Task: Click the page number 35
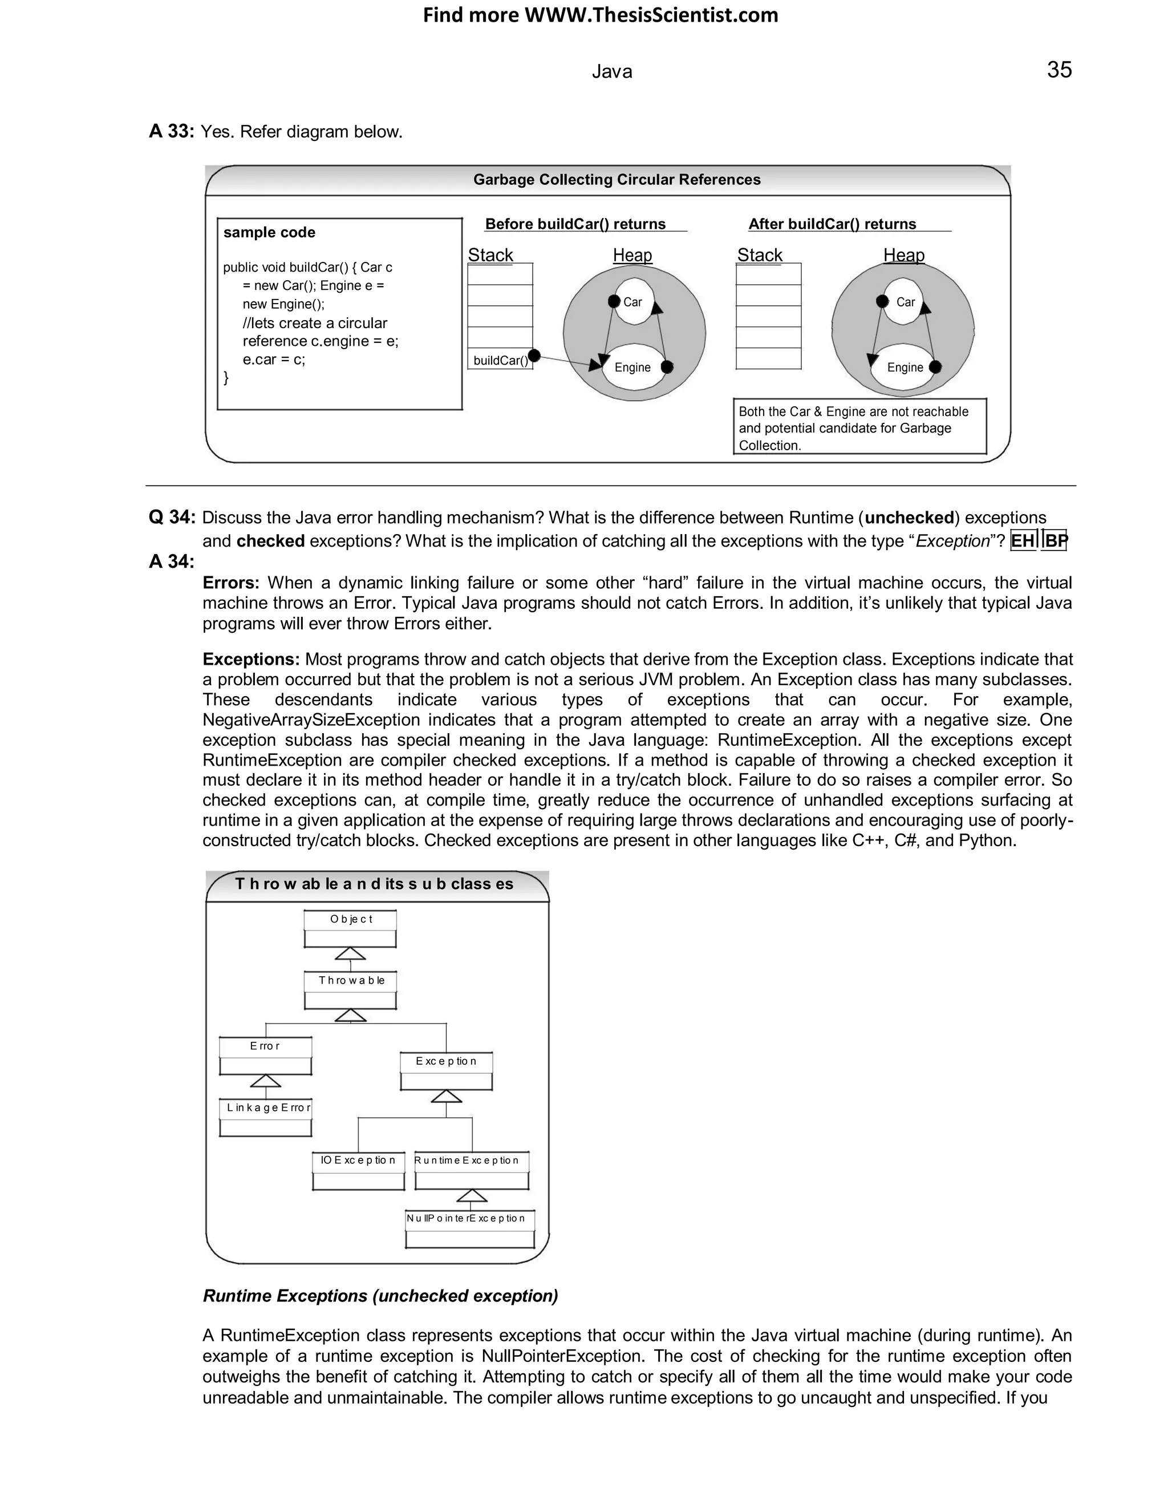pyautogui.click(x=1058, y=70)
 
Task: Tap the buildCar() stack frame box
pyautogui.click(x=500, y=360)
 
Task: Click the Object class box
pyautogui.click(x=350, y=929)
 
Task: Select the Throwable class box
pyautogui.click(x=350, y=991)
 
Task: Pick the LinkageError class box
pyautogui.click(x=266, y=1117)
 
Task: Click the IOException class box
pyautogui.click(x=358, y=1171)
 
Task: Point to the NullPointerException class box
pyautogui.click(x=470, y=1229)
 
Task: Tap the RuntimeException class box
pyautogui.click(x=472, y=1171)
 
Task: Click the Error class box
pyautogui.click(x=266, y=1056)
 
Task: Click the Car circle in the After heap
pyautogui.click(x=904, y=302)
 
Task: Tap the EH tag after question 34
pyautogui.click(x=1023, y=541)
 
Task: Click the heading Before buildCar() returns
pyautogui.click(x=575, y=224)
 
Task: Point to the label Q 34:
pyautogui.click(x=172, y=517)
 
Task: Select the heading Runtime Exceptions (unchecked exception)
pyautogui.click(x=380, y=1295)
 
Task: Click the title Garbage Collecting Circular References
pyautogui.click(x=617, y=180)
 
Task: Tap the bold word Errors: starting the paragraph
pyautogui.click(x=231, y=583)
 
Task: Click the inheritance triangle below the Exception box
pyautogui.click(x=447, y=1097)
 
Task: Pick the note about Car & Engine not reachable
pyautogui.click(x=859, y=427)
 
